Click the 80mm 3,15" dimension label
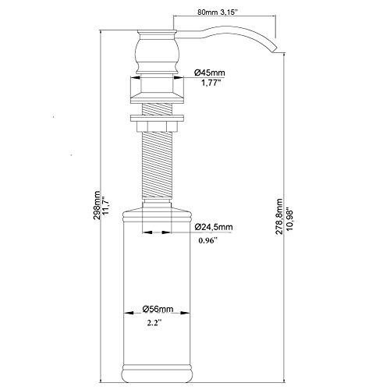[217, 12]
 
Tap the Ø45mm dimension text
[210, 73]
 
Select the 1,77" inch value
[211, 83]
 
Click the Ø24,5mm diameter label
[214, 227]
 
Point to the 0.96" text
[207, 241]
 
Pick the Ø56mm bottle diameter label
[158, 309]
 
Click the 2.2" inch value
[154, 323]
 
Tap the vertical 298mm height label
[97, 205]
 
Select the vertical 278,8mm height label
[279, 217]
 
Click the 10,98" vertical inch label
[289, 218]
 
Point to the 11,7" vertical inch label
[106, 205]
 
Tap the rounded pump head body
[157, 52]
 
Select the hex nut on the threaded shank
[157, 126]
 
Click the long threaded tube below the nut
[157, 165]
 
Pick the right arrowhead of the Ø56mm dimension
[186, 313]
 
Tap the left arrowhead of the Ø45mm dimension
[135, 77]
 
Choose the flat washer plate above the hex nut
[157, 119]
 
